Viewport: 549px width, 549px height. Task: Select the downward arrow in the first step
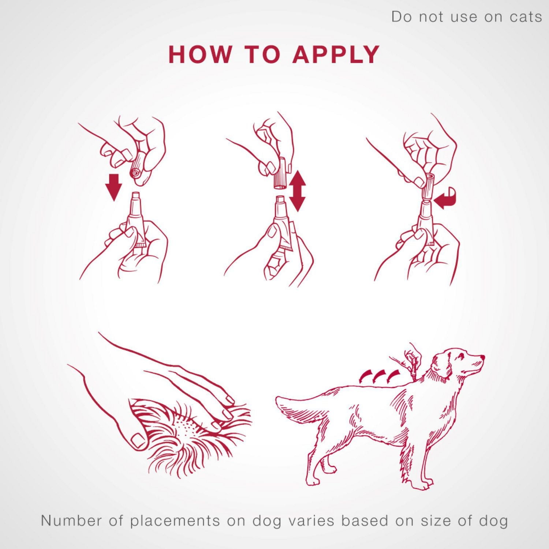click(114, 187)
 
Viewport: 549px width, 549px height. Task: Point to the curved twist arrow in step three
click(445, 198)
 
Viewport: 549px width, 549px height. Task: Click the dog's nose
click(482, 357)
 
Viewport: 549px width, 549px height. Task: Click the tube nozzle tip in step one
click(135, 195)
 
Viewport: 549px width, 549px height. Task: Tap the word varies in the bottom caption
click(311, 520)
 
